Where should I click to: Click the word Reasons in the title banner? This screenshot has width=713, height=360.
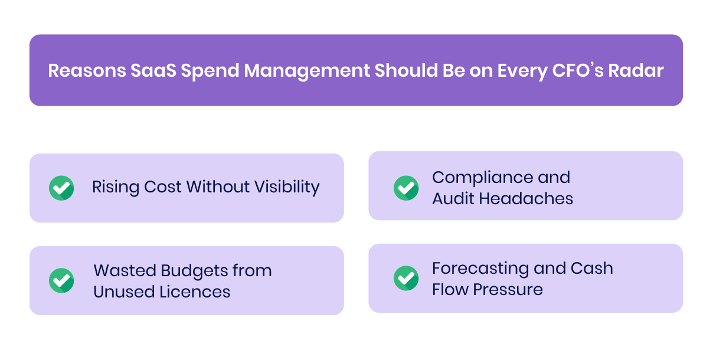coord(83,71)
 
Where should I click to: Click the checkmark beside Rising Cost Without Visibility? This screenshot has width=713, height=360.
coord(61,188)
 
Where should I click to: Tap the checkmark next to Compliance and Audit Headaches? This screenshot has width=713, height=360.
coord(406,188)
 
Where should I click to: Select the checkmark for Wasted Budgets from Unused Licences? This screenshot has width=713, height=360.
coord(61,280)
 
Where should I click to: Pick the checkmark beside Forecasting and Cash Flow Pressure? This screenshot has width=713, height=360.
coord(406,278)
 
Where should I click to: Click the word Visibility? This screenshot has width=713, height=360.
coord(286,187)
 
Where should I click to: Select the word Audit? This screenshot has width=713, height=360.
coord(453,198)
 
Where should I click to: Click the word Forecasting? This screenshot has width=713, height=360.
coord(479,268)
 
